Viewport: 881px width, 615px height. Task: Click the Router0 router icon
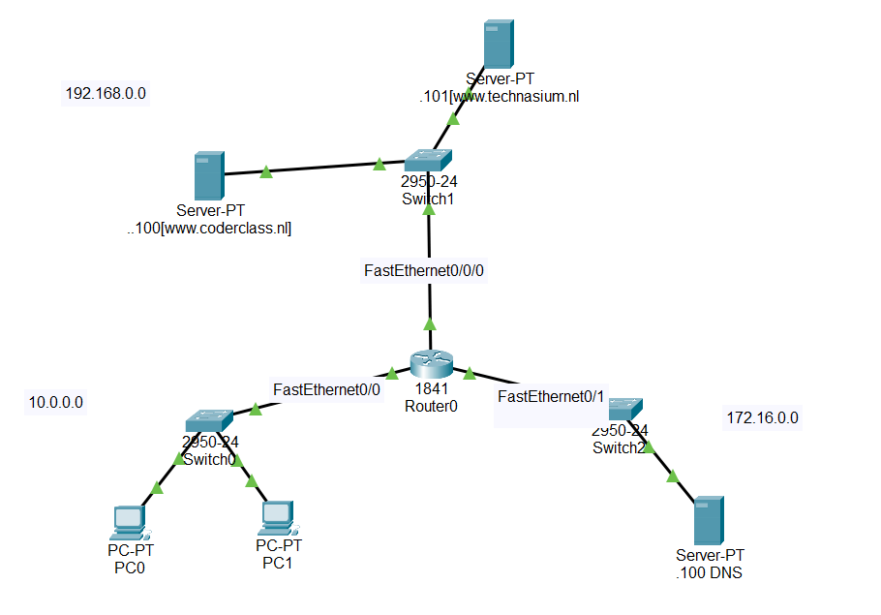tap(430, 362)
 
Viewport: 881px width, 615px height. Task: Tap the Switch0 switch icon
tap(209, 420)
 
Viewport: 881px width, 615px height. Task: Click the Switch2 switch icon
tap(625, 409)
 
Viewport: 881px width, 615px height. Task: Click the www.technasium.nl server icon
tap(499, 45)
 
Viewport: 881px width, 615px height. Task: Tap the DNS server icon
tap(710, 521)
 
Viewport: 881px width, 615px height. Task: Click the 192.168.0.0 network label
tap(106, 94)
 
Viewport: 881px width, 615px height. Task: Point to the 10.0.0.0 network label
tap(56, 401)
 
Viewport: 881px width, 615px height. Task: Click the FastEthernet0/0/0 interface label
tap(424, 271)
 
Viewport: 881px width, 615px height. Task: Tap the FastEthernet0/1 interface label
tap(550, 396)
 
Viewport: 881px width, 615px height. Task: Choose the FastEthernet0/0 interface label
tap(326, 388)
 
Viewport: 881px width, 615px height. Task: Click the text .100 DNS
tap(710, 572)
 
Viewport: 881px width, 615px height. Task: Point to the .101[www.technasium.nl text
tap(499, 96)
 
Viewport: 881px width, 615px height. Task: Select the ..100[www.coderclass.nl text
tap(208, 229)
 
